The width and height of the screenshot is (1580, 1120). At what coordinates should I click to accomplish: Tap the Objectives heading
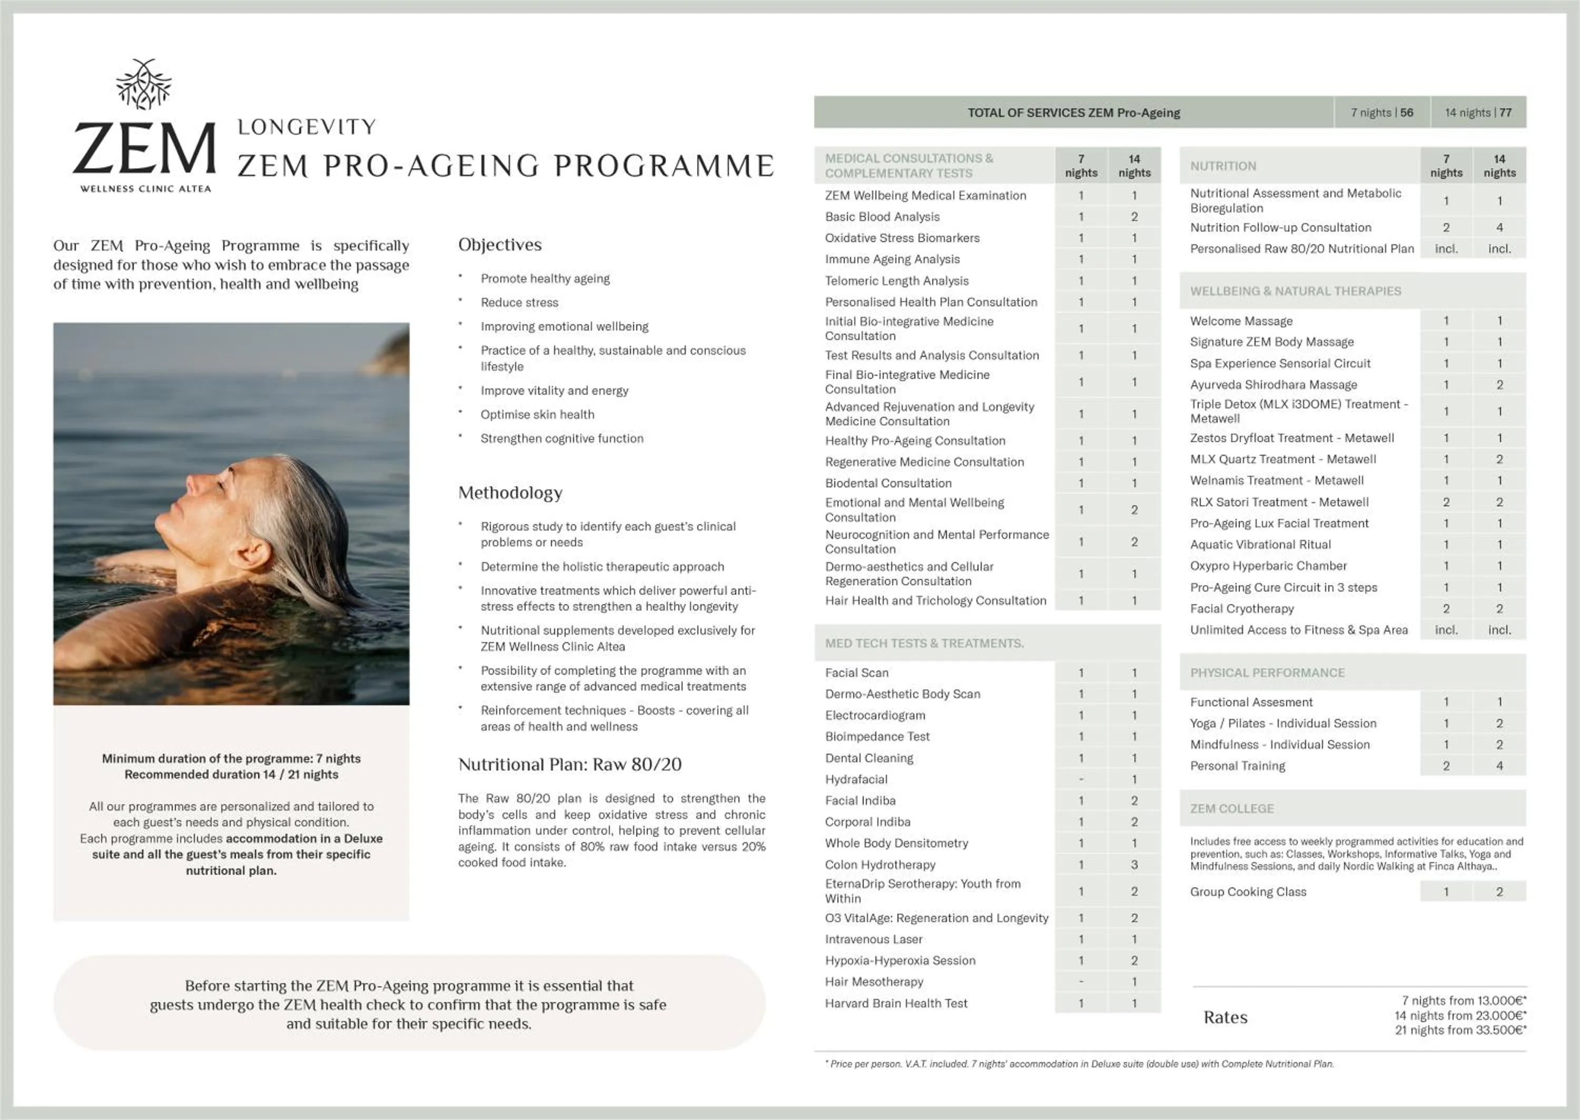(499, 245)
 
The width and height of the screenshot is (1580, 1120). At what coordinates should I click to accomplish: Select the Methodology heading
(510, 493)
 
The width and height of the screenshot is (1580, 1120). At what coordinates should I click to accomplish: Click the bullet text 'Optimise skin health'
(537, 415)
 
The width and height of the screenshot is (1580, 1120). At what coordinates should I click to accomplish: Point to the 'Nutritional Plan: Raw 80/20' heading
(569, 764)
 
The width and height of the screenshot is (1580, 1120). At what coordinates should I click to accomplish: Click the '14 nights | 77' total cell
(1477, 113)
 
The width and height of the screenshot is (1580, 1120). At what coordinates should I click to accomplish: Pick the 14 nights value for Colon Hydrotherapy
(1133, 864)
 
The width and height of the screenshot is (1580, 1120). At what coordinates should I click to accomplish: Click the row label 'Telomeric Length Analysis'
(896, 281)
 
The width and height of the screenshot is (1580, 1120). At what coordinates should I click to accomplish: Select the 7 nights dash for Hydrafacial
(1081, 779)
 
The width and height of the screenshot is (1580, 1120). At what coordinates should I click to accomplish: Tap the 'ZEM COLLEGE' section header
(1231, 808)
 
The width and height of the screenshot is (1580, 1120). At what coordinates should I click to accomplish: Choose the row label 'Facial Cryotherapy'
(1241, 608)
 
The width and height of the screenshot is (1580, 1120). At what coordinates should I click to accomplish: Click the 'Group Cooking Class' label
(1248, 892)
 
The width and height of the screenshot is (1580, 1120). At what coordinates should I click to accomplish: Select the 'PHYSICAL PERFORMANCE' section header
(1267, 673)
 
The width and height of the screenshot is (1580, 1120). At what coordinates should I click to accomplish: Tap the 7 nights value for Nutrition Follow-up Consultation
(1446, 227)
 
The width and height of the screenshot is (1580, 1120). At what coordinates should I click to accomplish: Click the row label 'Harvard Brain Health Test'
(895, 1004)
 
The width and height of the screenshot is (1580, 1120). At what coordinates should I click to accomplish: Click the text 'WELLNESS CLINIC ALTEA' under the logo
(145, 189)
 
